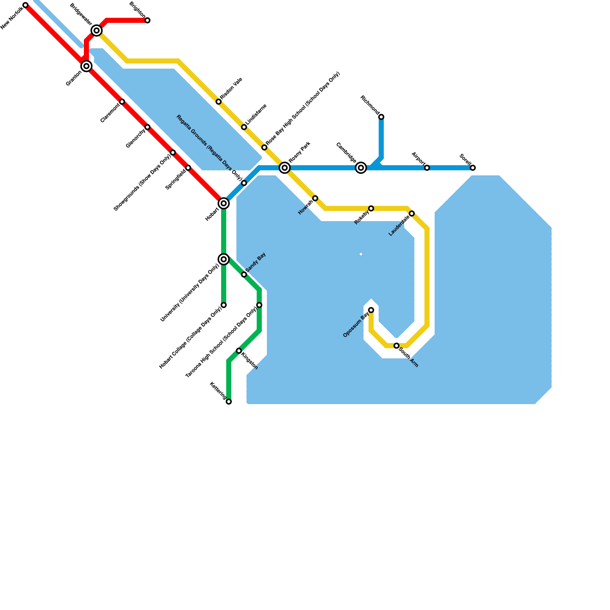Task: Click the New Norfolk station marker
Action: pyautogui.click(x=26, y=5)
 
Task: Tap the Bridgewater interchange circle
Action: pyautogui.click(x=97, y=30)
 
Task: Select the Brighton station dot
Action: pyautogui.click(x=148, y=20)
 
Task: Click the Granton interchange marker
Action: pyautogui.click(x=87, y=66)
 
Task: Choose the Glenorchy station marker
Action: pyautogui.click(x=148, y=127)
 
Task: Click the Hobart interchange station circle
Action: pyautogui.click(x=224, y=204)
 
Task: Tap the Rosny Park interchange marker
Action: pyautogui.click(x=285, y=168)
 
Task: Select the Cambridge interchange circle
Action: pyautogui.click(x=361, y=168)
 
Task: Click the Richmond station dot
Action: pyautogui.click(x=381, y=117)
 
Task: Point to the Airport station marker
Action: pyautogui.click(x=427, y=168)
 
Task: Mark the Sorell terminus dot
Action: pyautogui.click(x=473, y=168)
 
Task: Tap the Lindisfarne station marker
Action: pyautogui.click(x=244, y=127)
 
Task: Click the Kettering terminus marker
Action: pyautogui.click(x=229, y=401)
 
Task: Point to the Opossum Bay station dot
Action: pyautogui.click(x=371, y=310)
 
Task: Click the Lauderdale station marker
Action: pyautogui.click(x=412, y=213)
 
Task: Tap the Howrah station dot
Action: pyautogui.click(x=315, y=198)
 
